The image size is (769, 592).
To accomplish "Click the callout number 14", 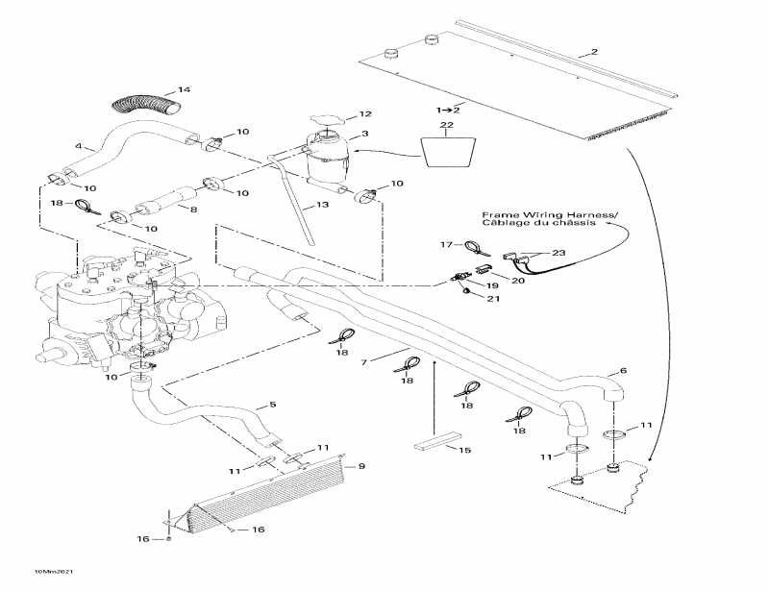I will coord(185,90).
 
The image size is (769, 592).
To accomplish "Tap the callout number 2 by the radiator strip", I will coord(594,52).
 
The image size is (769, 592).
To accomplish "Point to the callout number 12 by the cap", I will coord(365,114).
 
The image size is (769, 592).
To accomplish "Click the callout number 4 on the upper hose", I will coord(78,146).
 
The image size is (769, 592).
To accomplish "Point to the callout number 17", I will coord(445,245).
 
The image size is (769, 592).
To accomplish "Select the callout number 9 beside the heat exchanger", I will coord(361,466).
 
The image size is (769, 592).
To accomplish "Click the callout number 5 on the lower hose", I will coord(273,405).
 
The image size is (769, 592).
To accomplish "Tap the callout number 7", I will coord(364,361).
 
